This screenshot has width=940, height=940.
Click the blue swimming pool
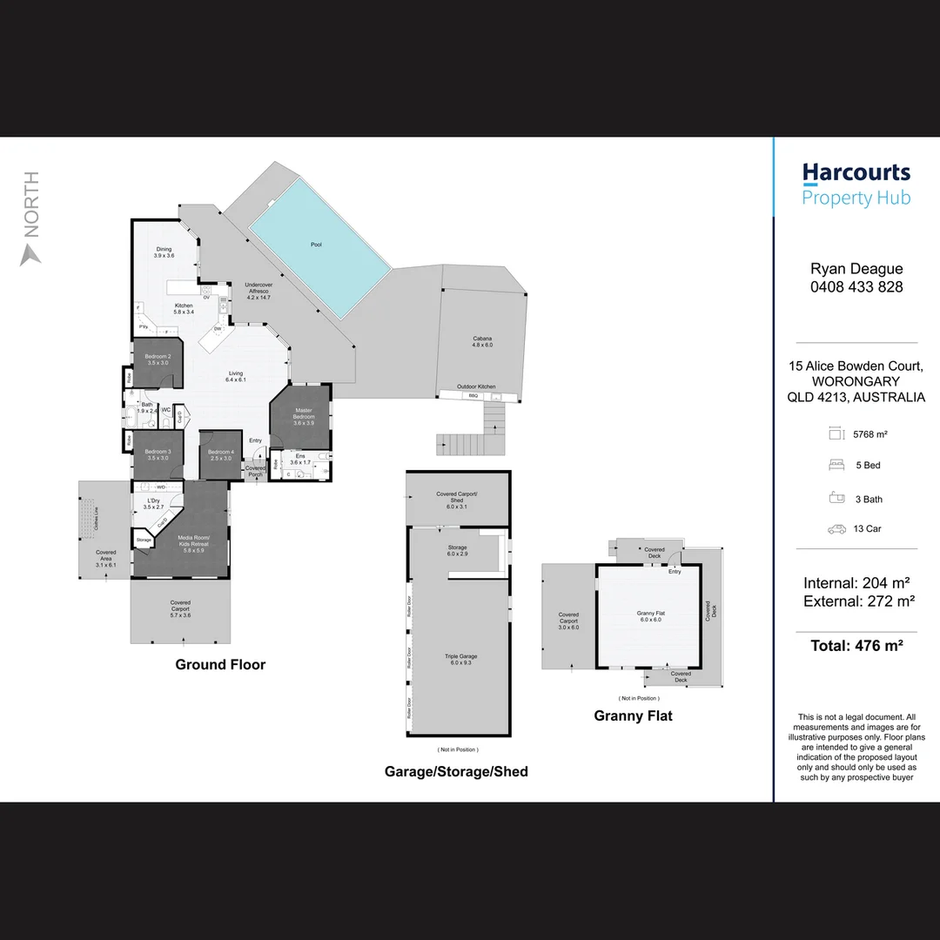[x=319, y=249]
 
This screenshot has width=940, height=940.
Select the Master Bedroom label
[x=303, y=414]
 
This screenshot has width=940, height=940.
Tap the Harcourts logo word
[x=856, y=172]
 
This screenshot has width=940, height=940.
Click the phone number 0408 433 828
[x=856, y=287]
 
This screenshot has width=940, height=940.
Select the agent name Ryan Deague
[x=856, y=269]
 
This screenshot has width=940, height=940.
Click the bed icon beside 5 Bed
[x=836, y=466]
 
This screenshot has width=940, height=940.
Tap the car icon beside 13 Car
[x=836, y=528]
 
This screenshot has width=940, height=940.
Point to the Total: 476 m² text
[x=856, y=646]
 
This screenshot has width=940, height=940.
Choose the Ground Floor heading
[x=220, y=665]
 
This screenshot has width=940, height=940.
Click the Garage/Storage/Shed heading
[x=456, y=771]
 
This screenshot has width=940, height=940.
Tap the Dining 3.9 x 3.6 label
[x=164, y=252]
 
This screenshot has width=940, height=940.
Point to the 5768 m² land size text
[x=869, y=433]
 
